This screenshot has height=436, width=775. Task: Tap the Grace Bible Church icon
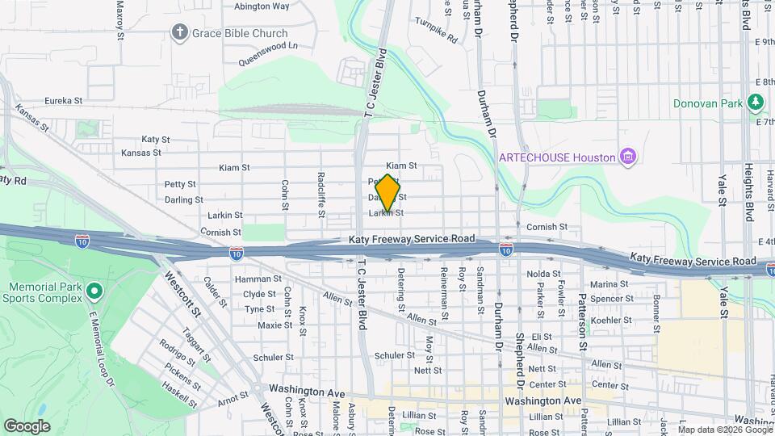[178, 33]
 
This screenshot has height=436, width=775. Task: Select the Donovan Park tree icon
[756, 103]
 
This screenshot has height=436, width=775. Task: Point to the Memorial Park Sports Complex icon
[94, 290]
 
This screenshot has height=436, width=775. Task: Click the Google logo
[27, 426]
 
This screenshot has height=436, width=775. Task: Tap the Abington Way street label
[262, 6]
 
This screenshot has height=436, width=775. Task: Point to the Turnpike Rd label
[436, 30]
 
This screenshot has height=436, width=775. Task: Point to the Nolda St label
[543, 275]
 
